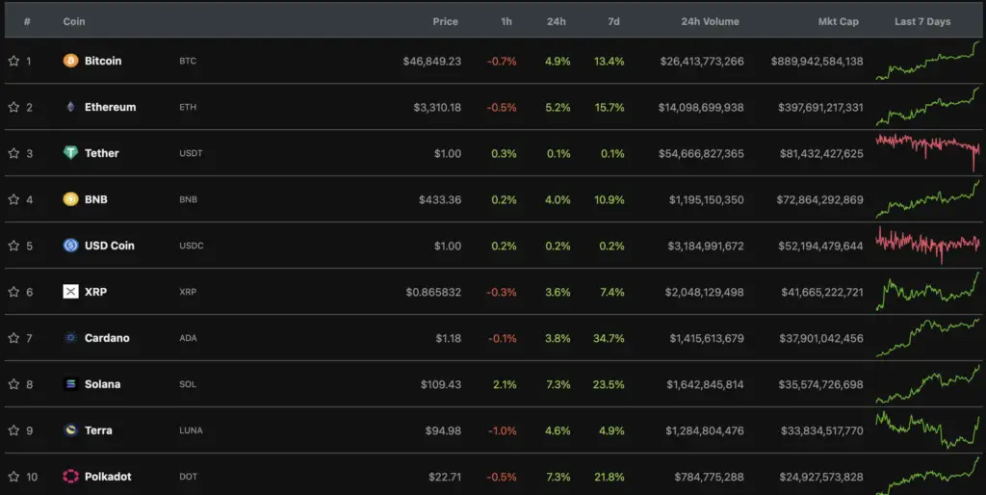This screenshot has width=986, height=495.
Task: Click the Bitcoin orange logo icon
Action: [70, 61]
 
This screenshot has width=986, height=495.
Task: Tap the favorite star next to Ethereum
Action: [13, 107]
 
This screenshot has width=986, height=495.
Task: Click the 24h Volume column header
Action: [710, 21]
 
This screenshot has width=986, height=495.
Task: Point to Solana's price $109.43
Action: [440, 384]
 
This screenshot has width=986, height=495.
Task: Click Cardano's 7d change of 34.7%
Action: [610, 338]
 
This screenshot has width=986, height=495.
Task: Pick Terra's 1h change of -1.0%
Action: [502, 430]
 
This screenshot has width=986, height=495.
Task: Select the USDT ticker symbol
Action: [191, 153]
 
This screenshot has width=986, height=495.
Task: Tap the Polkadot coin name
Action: [108, 477]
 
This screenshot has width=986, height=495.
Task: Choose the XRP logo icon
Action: [70, 292]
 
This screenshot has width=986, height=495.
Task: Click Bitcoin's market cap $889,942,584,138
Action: [817, 61]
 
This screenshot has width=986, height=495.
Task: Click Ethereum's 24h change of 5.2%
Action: [558, 107]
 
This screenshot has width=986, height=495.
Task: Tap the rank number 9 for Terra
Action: [29, 430]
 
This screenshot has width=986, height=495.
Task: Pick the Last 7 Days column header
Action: [921, 21]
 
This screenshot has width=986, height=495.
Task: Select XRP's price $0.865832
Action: [433, 292]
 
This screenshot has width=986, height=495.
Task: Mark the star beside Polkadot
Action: [13, 477]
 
